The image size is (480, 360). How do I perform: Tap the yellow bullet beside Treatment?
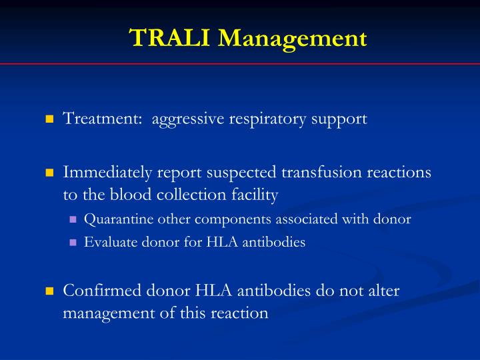pos(49,120)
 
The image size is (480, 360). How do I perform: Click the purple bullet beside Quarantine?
pos(73,219)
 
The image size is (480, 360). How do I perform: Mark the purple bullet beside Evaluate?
pos(73,243)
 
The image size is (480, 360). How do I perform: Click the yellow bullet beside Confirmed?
pos(49,291)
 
